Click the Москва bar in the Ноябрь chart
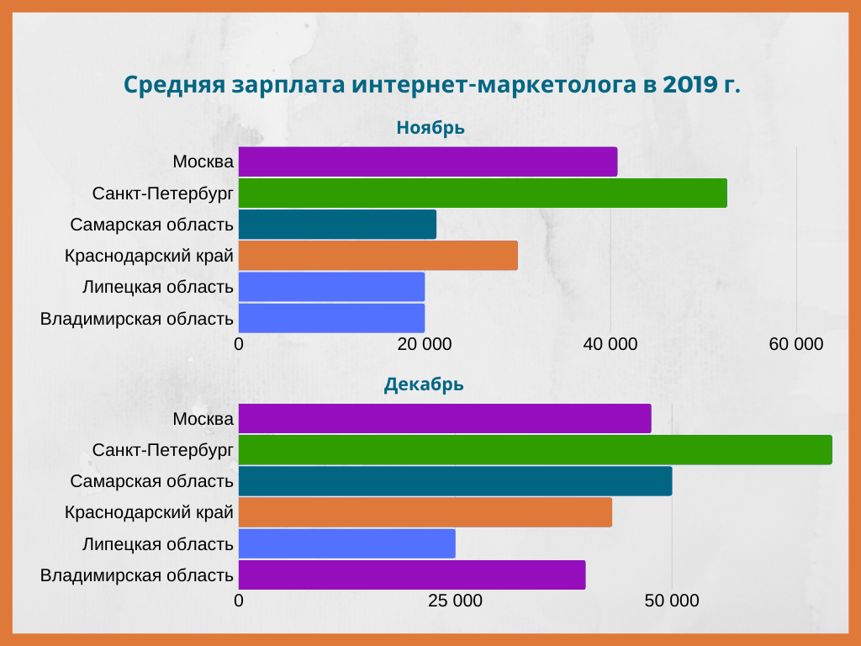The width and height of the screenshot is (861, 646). click(427, 161)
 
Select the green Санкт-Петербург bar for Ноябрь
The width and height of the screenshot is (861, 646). click(483, 193)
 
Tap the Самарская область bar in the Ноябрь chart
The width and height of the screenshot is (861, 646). click(337, 225)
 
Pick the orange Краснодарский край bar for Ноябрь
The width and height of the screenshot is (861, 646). click(378, 255)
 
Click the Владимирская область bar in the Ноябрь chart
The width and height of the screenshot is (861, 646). click(331, 318)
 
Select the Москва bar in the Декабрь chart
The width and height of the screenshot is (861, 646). click(445, 419)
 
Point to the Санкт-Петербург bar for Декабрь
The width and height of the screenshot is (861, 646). click(535, 450)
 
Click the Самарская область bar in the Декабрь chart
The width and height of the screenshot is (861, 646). click(455, 480)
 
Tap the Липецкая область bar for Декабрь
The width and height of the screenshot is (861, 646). click(346, 543)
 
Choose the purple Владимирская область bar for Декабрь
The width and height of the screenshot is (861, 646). click(412, 575)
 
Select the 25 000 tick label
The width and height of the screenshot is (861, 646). click(455, 601)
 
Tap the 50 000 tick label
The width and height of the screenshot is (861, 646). click(672, 601)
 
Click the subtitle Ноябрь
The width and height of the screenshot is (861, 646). click(430, 128)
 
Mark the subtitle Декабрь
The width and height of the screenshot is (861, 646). click(425, 385)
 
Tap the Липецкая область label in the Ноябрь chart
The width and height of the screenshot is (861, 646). click(157, 287)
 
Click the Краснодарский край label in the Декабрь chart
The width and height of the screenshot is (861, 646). click(149, 512)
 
